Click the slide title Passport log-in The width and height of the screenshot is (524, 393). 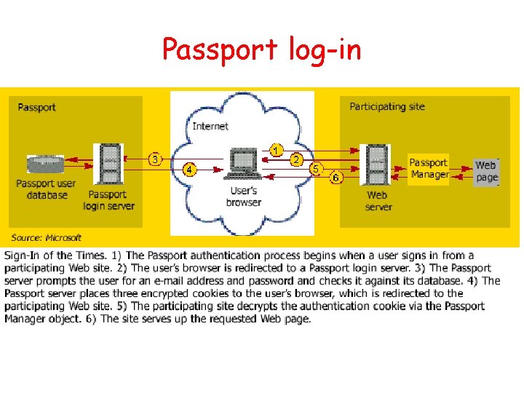261,49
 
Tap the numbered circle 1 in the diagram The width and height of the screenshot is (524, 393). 276,149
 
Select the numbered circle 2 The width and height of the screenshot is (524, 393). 297,159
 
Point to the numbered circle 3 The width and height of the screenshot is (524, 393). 154,159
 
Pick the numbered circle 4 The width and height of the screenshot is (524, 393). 189,170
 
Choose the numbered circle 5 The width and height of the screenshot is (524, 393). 316,168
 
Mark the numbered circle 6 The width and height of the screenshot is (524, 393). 336,177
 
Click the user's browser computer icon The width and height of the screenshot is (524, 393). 243,164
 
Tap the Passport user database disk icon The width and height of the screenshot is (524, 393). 46,164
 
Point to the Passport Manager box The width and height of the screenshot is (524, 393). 429,168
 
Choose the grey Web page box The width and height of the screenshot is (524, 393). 486,172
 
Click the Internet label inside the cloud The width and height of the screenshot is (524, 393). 210,126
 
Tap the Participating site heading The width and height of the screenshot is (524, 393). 387,107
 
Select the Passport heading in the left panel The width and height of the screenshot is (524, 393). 36,108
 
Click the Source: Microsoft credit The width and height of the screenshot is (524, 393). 46,237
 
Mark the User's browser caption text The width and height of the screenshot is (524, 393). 243,196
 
